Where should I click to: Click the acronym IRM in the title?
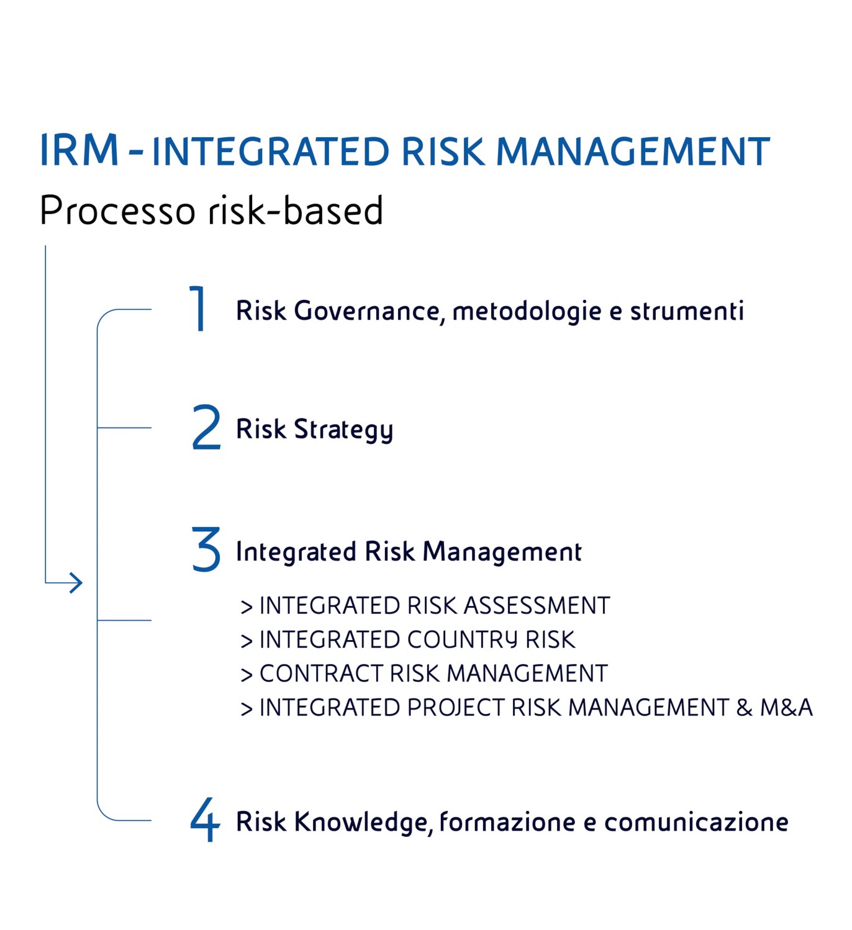tap(79, 150)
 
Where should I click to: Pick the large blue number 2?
tap(206, 427)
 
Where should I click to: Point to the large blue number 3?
tap(206, 549)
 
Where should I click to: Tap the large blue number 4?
tap(205, 819)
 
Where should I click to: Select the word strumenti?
tap(687, 310)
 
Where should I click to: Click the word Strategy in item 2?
tap(343, 430)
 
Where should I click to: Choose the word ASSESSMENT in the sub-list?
tap(537, 605)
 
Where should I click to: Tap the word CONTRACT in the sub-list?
tap(321, 674)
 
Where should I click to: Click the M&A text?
tap(786, 708)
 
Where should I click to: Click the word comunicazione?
tap(696, 822)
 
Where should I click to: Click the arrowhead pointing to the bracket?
tap(76, 582)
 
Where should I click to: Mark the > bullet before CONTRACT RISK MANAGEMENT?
tap(247, 674)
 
